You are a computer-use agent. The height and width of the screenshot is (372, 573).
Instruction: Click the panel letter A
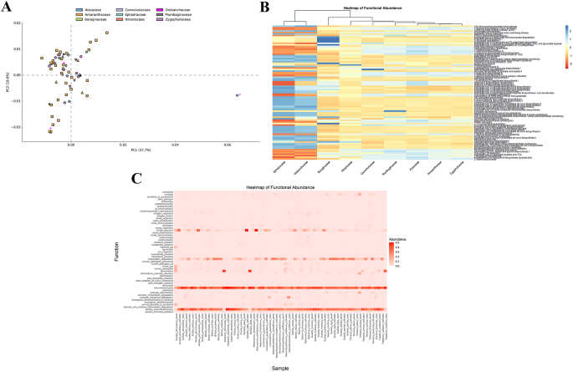6,7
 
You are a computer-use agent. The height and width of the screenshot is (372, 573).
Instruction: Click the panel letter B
262,7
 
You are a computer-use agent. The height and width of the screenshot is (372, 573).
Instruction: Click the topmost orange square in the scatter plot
107,33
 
